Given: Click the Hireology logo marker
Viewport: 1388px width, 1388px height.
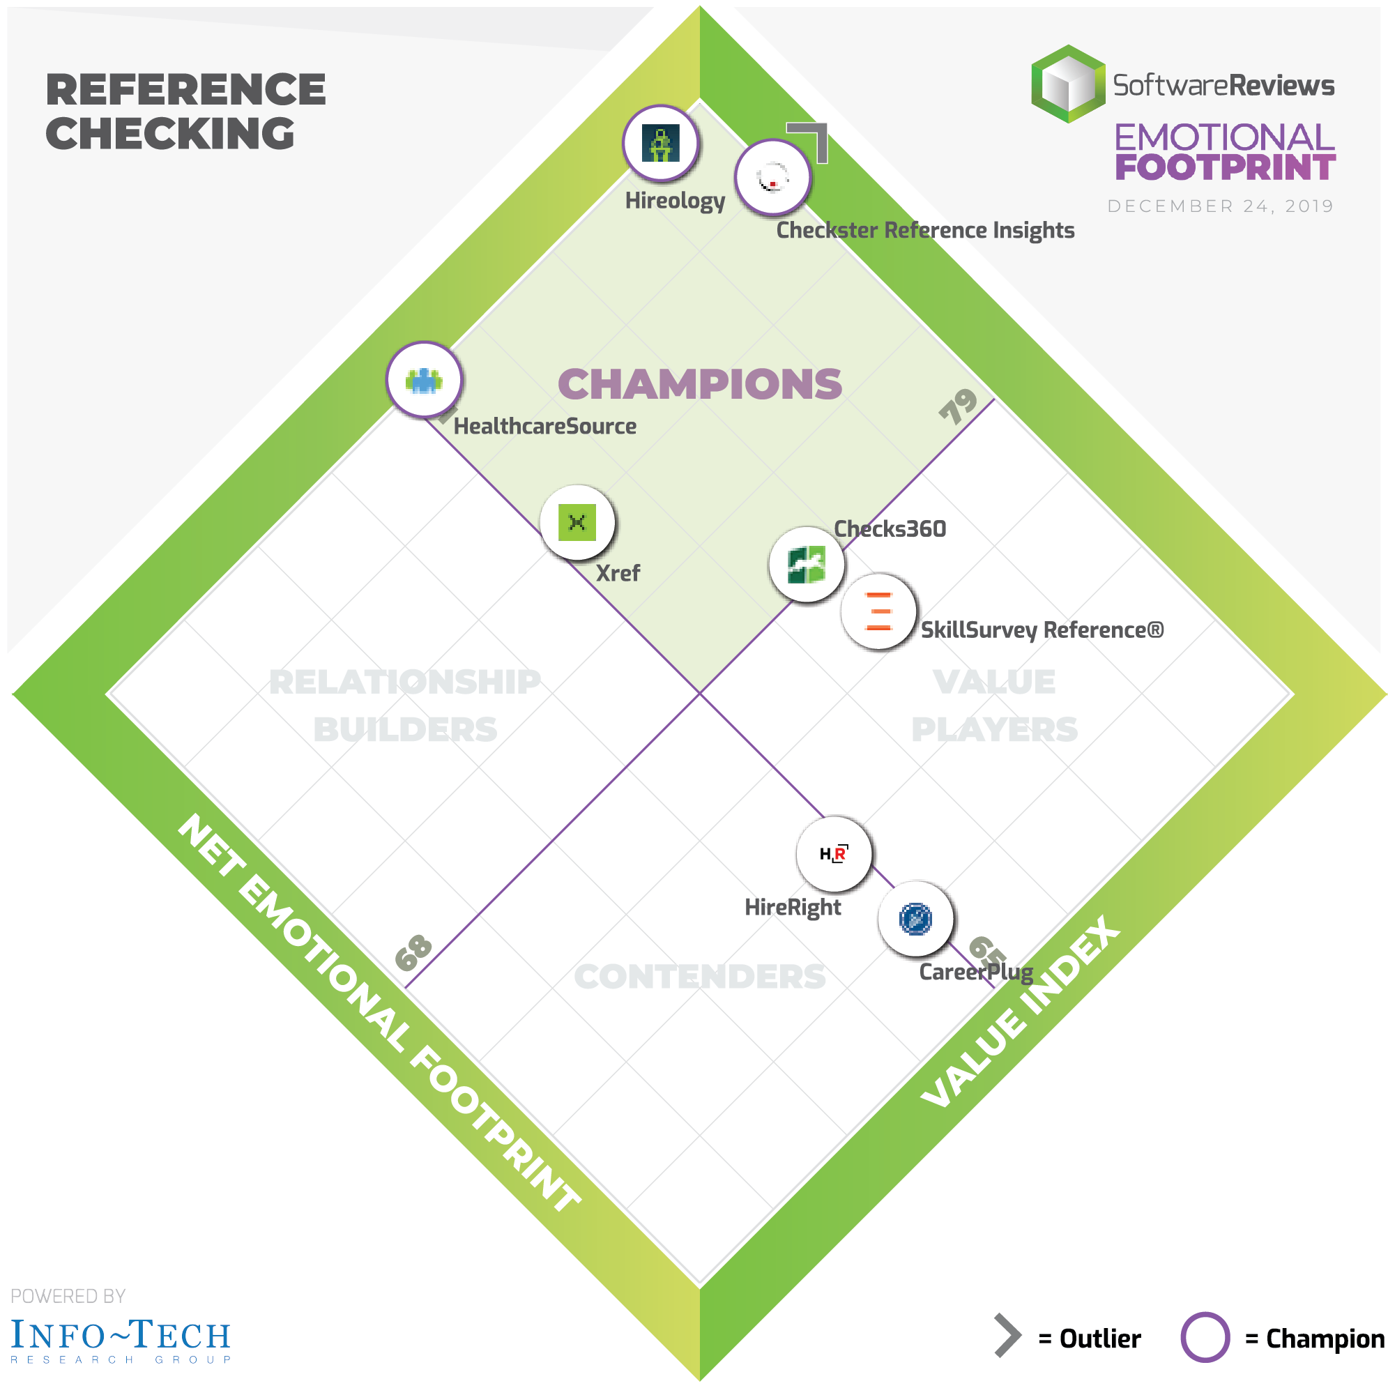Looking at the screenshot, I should (660, 143).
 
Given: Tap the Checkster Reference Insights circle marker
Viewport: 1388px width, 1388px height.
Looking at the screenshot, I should (772, 177).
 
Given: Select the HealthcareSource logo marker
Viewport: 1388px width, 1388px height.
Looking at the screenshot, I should (424, 379).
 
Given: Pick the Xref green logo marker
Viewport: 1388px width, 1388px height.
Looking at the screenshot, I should (577, 522).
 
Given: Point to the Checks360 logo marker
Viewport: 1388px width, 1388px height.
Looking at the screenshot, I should (806, 564).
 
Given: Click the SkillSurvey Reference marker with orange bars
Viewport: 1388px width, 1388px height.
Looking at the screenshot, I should (878, 611).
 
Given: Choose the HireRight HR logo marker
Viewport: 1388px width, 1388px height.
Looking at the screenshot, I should (833, 853).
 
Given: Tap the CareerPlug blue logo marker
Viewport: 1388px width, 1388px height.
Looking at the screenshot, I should (915, 919).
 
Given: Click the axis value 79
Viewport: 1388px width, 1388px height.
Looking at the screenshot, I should (959, 406).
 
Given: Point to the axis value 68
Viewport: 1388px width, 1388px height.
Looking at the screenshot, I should (414, 952).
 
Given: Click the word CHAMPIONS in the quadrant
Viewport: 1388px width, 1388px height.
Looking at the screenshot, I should (700, 384).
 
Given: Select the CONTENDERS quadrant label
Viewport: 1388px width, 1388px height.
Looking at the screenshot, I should (700, 977).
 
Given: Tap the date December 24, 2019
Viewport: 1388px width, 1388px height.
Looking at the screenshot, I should (1220, 206).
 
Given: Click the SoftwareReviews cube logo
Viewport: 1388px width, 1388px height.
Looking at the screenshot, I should (1068, 84).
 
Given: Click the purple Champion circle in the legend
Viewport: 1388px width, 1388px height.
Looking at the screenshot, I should (1205, 1337).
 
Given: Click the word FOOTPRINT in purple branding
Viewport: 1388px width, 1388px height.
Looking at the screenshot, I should (1225, 167).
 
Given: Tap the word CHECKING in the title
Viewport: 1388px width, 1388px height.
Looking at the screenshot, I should (170, 134).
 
